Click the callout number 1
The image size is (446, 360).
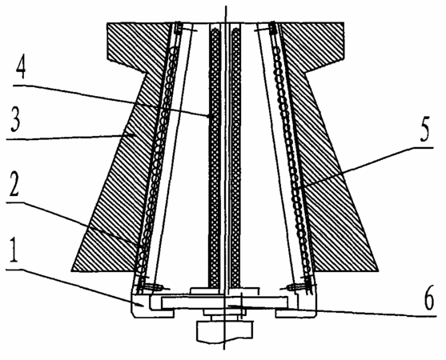(13, 250)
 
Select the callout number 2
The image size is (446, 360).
(14, 185)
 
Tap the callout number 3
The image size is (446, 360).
(15, 122)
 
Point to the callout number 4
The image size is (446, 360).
(21, 66)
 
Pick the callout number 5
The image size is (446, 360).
(424, 130)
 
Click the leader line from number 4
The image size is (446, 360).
(111, 101)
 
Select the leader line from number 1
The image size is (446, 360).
(76, 287)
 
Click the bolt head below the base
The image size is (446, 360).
(224, 331)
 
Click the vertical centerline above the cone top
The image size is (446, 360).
(226, 14)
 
